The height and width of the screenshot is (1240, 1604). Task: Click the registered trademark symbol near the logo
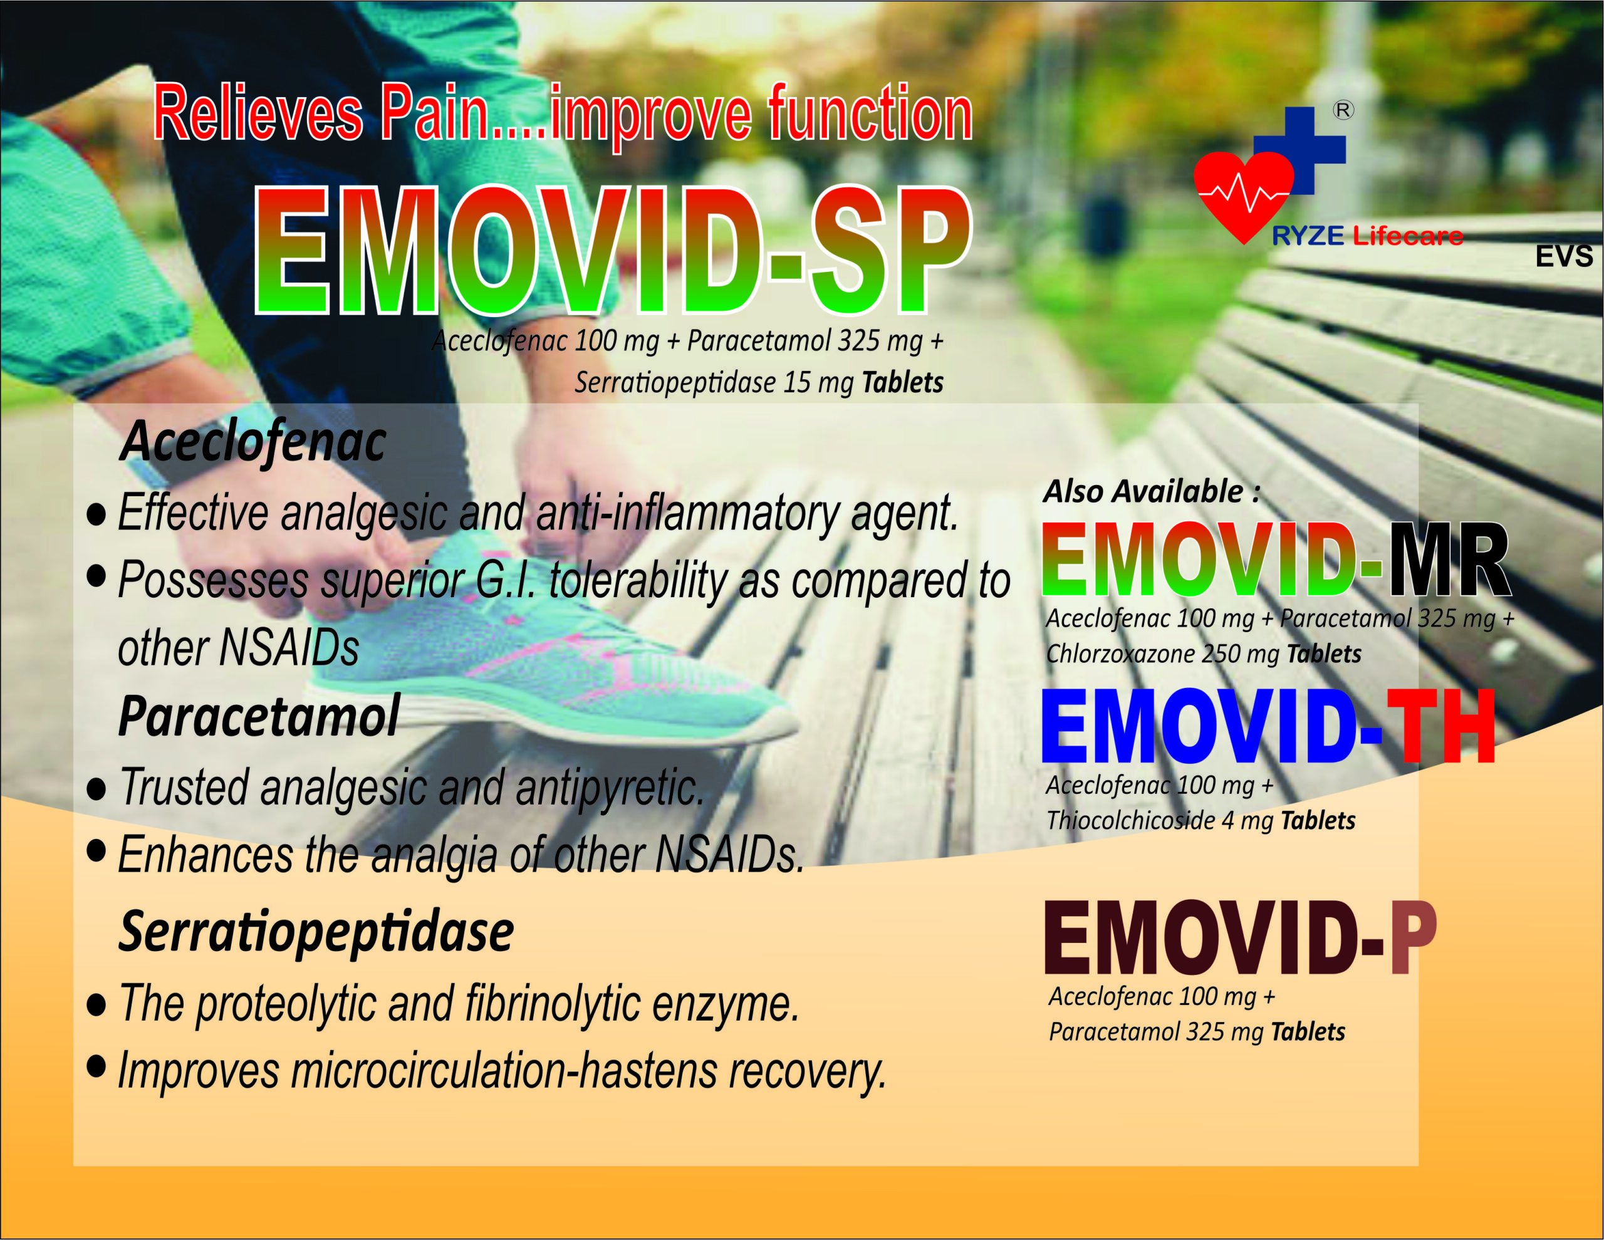1343,110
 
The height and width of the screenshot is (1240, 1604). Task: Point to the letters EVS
1565,256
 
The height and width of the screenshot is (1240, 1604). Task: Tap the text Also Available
1152,491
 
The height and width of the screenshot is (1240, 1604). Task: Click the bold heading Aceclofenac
253,442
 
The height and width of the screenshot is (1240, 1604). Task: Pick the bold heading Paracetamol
259,716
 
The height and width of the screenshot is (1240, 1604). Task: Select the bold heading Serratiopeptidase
316,933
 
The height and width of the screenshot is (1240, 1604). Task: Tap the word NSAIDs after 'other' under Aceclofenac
289,648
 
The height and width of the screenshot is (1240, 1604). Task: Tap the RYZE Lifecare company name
1367,236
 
